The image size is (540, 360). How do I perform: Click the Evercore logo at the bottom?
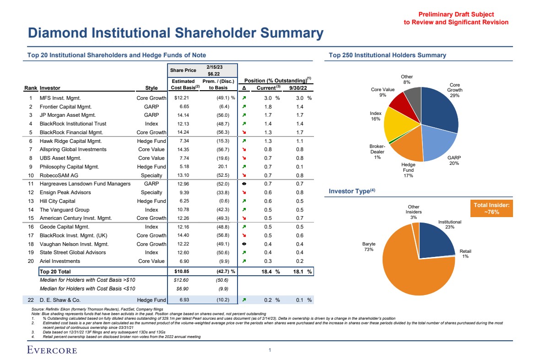tap(52, 350)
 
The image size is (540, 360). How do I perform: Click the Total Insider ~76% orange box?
tap(491, 209)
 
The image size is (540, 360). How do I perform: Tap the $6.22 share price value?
tap(214, 73)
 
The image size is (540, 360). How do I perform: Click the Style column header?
tap(151, 88)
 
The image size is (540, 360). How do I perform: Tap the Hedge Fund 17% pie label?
tap(408, 170)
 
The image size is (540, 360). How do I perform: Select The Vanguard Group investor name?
tap(64, 210)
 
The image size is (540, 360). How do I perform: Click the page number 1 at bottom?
tap(270, 350)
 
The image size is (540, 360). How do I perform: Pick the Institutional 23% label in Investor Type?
tap(449, 224)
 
